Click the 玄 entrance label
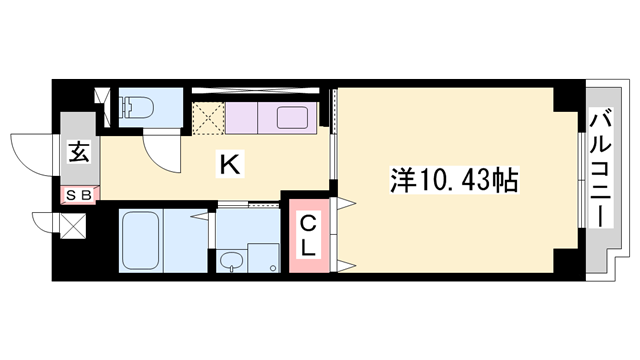point(77,152)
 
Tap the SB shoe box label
point(78,195)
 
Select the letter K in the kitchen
point(228,163)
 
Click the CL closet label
point(309,237)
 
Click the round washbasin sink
point(232,263)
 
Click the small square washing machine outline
point(263,257)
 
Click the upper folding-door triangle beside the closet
point(344,204)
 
